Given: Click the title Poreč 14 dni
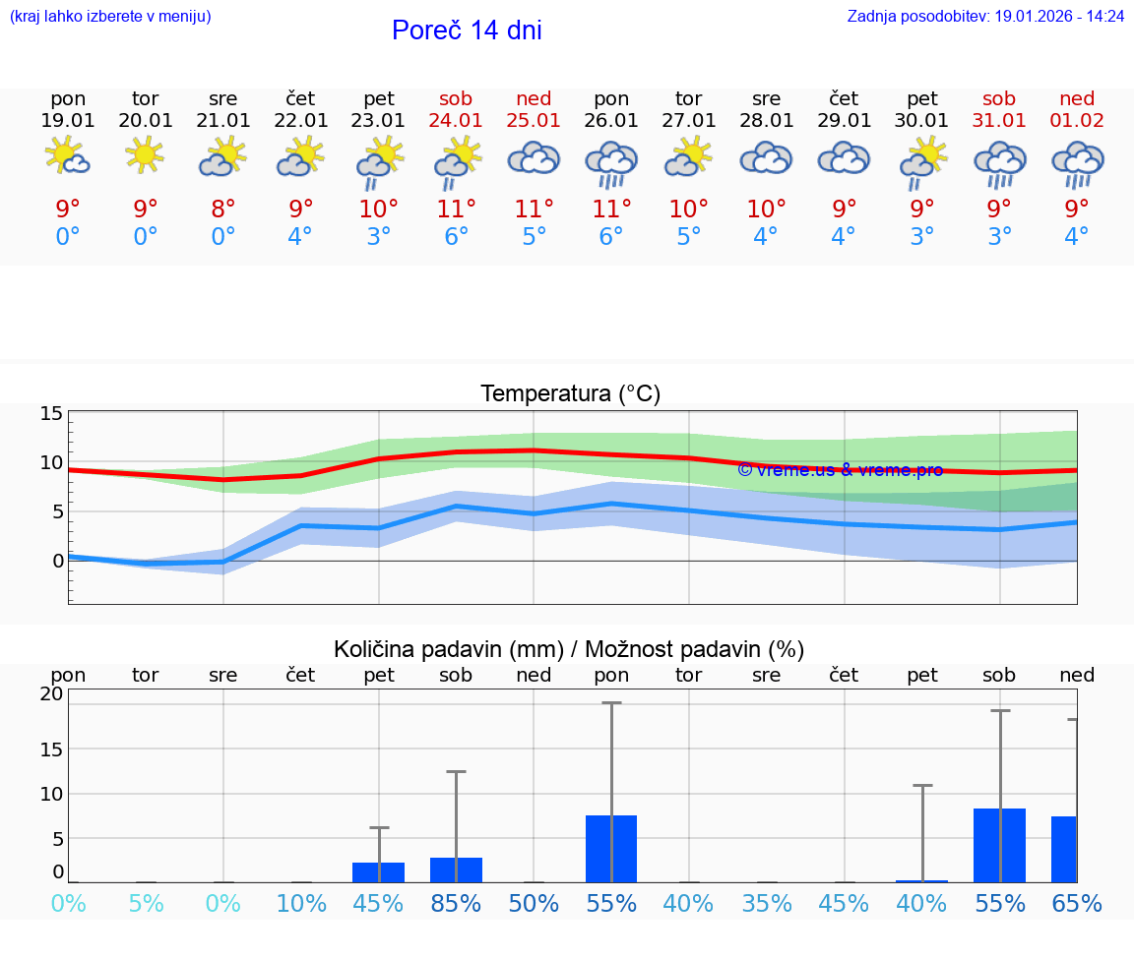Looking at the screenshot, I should point(467,30).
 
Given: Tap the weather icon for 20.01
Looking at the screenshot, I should point(146,155).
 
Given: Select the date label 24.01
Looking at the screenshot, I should point(456,120).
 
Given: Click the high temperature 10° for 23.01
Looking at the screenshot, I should point(379,209).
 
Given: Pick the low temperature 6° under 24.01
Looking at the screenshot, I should point(456,237).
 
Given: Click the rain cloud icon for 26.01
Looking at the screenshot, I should point(611,163).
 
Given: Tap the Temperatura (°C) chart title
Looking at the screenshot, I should point(570,394).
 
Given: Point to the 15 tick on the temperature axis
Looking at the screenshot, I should point(51,414).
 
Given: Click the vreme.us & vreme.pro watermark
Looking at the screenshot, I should point(840,470).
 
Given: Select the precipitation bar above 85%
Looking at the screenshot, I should point(456,869).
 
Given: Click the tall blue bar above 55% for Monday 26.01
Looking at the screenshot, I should point(611,848).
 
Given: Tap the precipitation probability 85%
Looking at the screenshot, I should point(456,903).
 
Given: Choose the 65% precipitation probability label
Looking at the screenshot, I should point(1077,903).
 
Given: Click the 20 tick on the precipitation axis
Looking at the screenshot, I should point(51,693).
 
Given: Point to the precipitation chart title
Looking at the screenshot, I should point(569,649).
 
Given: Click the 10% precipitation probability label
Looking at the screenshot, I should point(301,903).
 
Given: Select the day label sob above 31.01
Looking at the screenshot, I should point(999,98).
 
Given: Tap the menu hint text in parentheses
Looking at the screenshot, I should point(110,16).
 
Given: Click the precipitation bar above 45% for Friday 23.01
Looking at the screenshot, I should point(379,872).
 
